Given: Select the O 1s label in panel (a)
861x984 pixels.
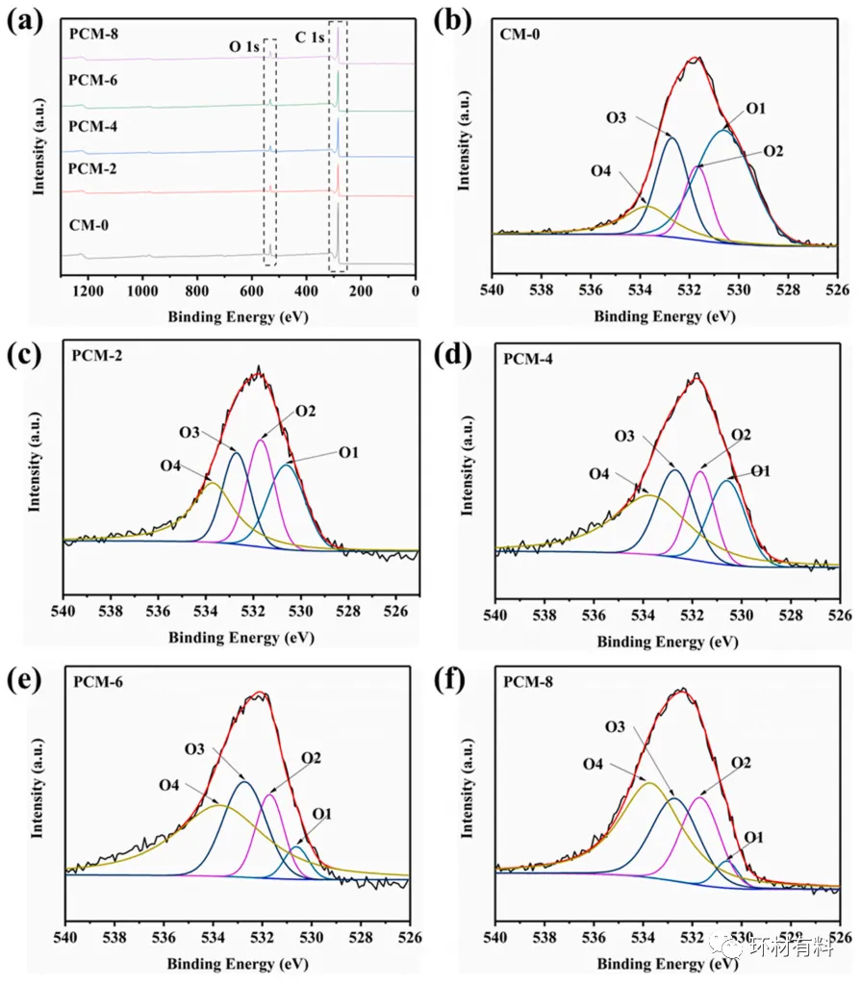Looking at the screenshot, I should coord(243,46).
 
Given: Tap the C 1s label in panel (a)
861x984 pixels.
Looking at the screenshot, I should coord(310,37).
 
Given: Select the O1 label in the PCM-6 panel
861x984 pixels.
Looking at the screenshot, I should coord(321,814).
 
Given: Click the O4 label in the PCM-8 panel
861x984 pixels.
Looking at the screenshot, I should coord(602,764).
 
